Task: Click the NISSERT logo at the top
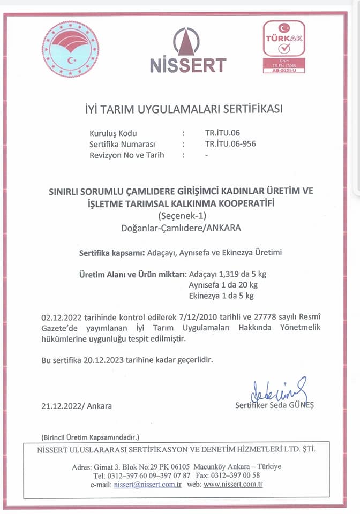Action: click(x=187, y=51)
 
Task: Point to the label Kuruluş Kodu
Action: click(x=113, y=133)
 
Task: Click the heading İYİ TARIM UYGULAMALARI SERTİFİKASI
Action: click(x=184, y=109)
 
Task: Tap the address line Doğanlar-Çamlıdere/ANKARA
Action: click(x=181, y=228)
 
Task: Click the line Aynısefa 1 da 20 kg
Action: click(x=223, y=284)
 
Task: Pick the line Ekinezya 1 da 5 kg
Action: click(x=221, y=295)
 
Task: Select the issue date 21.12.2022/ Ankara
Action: click(x=77, y=405)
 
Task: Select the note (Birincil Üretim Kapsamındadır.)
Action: click(x=90, y=437)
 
